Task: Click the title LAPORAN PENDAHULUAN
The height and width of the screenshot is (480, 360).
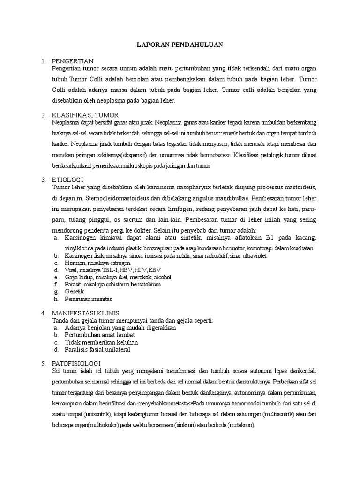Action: [x=180, y=45]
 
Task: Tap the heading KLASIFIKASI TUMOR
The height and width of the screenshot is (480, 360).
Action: [x=85, y=115]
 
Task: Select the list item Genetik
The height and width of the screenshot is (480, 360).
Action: [x=74, y=292]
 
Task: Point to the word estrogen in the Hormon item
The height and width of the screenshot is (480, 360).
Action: [x=121, y=263]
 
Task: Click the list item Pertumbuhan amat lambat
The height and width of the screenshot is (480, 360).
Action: [x=100, y=335]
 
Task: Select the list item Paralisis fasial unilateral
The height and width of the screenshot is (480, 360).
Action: [x=97, y=350]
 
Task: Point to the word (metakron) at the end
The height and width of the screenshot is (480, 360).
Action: [x=238, y=424]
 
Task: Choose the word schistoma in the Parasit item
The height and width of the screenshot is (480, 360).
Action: [x=111, y=285]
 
